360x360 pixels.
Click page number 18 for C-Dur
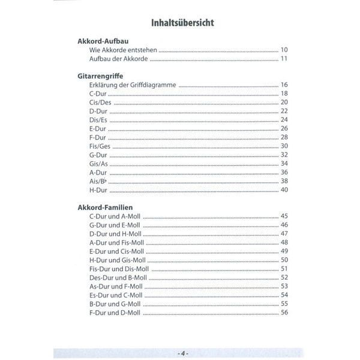[x=284, y=94]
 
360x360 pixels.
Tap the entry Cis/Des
[x=99, y=103]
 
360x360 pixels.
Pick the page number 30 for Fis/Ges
[x=284, y=146]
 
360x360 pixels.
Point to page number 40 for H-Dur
[x=284, y=190]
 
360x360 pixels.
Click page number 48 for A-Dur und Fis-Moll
[x=284, y=242]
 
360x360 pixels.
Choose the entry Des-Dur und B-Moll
[x=118, y=277]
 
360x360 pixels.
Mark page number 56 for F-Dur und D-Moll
[x=284, y=312]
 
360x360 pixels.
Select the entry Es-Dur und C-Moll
[x=115, y=295]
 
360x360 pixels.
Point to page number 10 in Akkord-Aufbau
[x=284, y=50]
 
